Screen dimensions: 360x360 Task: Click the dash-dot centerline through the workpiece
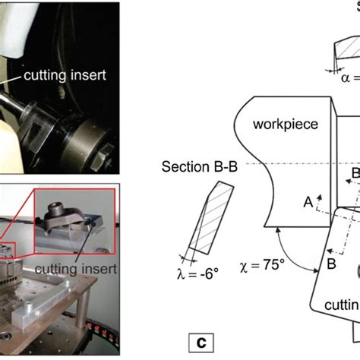266,163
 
